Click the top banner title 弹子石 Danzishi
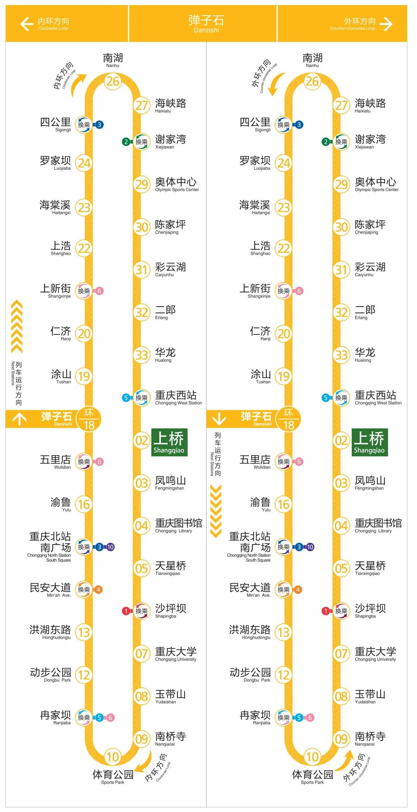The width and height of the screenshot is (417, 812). [x=206, y=24]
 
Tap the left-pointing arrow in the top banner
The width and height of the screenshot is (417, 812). [x=27, y=24]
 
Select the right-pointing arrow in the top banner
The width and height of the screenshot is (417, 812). [x=386, y=24]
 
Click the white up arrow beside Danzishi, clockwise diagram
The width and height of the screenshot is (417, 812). [x=20, y=419]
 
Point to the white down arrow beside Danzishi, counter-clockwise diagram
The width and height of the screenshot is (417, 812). [x=219, y=419]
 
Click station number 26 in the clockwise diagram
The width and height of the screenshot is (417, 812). [x=113, y=82]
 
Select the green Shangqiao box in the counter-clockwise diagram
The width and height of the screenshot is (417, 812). [x=370, y=442]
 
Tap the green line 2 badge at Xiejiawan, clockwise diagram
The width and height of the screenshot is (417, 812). [x=125, y=142]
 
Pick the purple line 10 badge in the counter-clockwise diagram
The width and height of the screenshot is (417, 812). [x=310, y=547]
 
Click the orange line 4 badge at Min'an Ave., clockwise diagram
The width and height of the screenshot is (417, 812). [x=98, y=590]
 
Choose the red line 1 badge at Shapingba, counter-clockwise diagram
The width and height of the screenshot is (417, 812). [x=325, y=611]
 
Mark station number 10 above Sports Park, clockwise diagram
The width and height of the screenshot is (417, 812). [x=112, y=757]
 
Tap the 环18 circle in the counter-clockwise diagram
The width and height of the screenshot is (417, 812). [x=288, y=419]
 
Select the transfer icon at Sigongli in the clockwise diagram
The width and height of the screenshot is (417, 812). [x=84, y=125]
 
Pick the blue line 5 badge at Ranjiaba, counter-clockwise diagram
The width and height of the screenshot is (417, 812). [x=299, y=718]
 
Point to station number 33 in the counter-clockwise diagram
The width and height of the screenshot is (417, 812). [x=341, y=355]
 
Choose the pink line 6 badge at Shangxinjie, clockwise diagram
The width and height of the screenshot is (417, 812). [x=99, y=291]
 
